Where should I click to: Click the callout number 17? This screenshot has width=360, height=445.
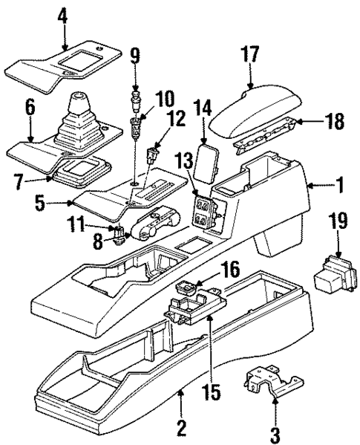[x=250, y=53]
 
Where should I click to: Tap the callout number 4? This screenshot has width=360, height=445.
[x=62, y=15]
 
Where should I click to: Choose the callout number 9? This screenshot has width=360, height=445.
[x=134, y=55]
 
